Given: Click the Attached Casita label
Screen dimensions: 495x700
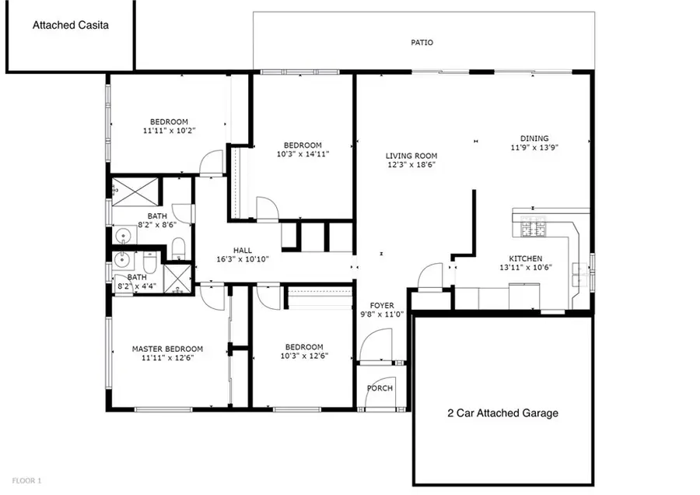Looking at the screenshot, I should pyautogui.click(x=71, y=25).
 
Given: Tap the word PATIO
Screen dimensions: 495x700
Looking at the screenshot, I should pyautogui.click(x=422, y=43).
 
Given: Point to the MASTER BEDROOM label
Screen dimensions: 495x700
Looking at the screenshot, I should pyautogui.click(x=167, y=349).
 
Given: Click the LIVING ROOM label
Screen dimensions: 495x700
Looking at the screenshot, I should pyautogui.click(x=411, y=155).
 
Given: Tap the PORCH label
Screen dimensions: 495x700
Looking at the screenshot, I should pyautogui.click(x=380, y=388).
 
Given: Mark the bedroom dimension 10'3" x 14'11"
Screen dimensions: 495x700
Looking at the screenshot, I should pyautogui.click(x=302, y=154).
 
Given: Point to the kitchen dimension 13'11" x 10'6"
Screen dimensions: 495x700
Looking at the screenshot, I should pyautogui.click(x=525, y=268).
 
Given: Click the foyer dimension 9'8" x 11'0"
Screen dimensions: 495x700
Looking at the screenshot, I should pyautogui.click(x=381, y=314).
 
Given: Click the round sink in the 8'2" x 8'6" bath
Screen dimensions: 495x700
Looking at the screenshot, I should pyautogui.click(x=121, y=235).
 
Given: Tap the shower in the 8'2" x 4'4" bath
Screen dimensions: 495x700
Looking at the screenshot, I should pyautogui.click(x=177, y=276).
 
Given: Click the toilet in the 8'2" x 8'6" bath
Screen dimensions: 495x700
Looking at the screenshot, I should pyautogui.click(x=178, y=248).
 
